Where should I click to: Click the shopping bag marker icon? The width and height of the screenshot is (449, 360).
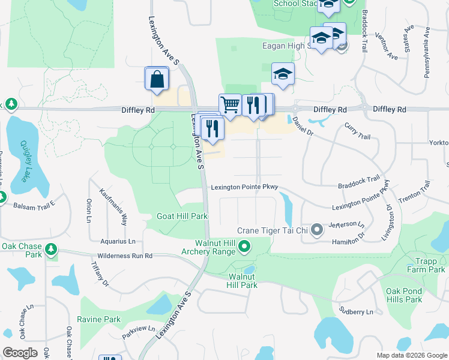click(157, 79)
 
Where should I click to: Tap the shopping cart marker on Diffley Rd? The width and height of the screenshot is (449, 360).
click(230, 105)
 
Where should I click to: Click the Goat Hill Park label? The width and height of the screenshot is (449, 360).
click(182, 216)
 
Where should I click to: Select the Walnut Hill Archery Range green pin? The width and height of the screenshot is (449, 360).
click(244, 246)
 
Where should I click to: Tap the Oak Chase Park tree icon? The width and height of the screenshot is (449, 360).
click(51, 248)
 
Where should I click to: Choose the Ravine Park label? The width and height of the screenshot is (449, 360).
click(99, 320)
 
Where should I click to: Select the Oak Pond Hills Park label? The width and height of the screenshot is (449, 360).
click(404, 295)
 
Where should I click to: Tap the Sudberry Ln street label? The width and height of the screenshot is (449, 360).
click(356, 312)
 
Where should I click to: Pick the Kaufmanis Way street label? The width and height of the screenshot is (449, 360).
click(113, 206)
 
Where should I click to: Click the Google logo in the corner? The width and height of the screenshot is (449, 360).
click(20, 353)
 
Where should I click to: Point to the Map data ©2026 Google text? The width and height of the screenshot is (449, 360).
click(411, 355)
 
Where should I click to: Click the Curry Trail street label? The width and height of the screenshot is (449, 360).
click(357, 132)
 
